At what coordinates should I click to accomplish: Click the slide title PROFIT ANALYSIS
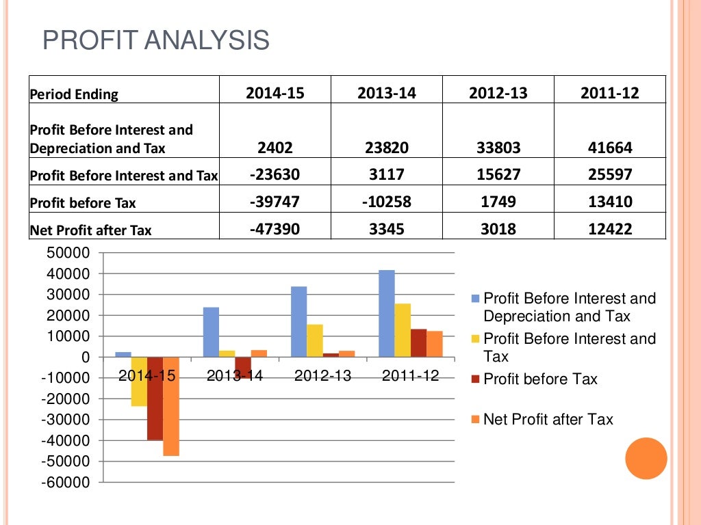click(156, 40)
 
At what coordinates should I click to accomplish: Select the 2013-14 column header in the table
click(386, 93)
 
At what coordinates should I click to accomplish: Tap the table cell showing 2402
click(275, 147)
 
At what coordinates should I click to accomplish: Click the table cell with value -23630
click(275, 174)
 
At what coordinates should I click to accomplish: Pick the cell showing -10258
click(386, 202)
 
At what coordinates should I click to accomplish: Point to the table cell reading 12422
click(610, 229)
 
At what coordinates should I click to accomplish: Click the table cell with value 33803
click(498, 147)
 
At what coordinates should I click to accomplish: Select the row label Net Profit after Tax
click(90, 230)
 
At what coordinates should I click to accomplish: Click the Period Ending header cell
click(74, 94)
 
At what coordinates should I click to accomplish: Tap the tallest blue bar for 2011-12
click(387, 313)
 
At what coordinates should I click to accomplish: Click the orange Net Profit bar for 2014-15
click(171, 406)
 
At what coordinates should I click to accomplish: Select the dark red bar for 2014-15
click(155, 398)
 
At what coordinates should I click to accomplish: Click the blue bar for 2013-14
click(212, 332)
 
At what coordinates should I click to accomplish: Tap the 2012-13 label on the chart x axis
click(322, 375)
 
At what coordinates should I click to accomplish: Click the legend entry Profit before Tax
click(540, 379)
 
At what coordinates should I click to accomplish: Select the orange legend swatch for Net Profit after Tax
click(475, 419)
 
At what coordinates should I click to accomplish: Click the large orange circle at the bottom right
click(646, 458)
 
